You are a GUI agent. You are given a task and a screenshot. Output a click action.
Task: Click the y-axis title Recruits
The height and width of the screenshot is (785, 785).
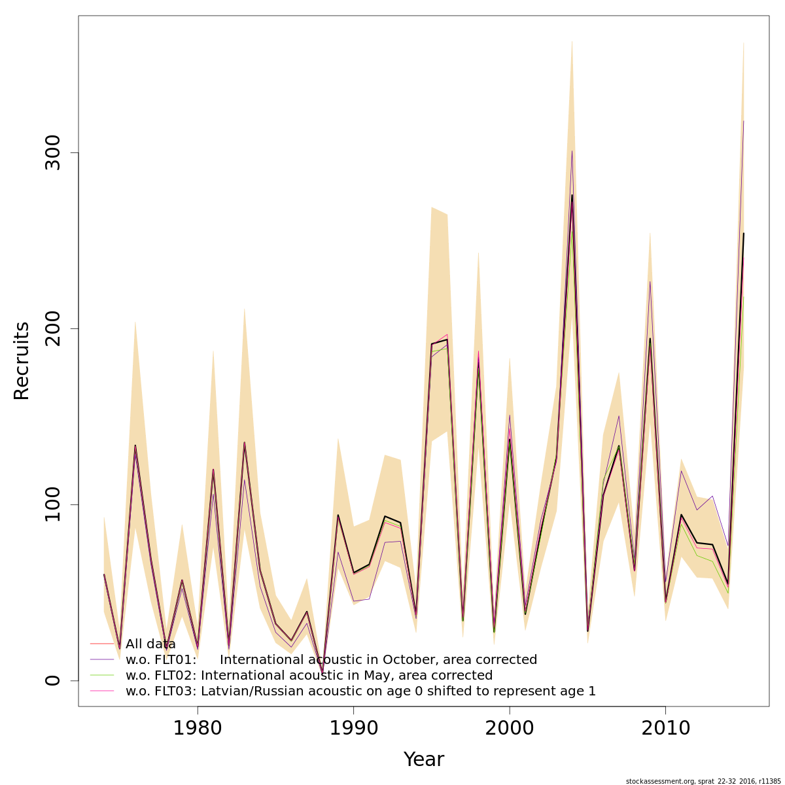[x=22, y=360]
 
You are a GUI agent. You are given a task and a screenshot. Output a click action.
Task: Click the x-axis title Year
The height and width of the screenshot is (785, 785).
[x=423, y=759]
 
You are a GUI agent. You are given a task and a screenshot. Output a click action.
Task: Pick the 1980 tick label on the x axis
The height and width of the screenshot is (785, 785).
[x=198, y=727]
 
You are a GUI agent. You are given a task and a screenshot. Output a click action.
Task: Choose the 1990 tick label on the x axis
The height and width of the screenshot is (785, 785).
[x=353, y=727]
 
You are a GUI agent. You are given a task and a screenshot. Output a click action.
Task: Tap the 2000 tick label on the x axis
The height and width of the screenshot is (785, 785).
[x=510, y=727]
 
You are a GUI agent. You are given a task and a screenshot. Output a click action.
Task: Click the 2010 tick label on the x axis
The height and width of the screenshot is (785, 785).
[x=665, y=727]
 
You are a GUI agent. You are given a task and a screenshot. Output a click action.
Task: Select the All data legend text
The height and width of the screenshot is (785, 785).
[x=150, y=644]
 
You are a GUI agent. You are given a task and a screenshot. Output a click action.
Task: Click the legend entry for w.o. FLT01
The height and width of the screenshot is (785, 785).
[x=331, y=660]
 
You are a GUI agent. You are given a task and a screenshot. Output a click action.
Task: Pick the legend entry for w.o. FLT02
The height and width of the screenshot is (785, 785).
[x=309, y=676]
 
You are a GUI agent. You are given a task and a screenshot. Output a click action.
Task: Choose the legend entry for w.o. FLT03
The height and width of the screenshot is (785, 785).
[x=360, y=691]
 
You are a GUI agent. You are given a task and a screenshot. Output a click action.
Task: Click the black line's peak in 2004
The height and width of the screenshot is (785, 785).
[x=572, y=195]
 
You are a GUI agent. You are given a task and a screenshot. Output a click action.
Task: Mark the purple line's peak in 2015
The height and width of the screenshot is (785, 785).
[x=743, y=121]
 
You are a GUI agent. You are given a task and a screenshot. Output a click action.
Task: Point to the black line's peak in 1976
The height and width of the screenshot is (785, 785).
[x=135, y=445]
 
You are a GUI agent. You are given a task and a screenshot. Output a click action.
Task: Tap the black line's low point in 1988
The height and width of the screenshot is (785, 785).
[x=322, y=671]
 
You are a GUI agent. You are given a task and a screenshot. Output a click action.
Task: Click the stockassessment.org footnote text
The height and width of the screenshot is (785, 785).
[x=703, y=781]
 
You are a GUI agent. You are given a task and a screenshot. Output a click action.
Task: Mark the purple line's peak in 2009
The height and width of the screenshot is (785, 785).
[x=650, y=281]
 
